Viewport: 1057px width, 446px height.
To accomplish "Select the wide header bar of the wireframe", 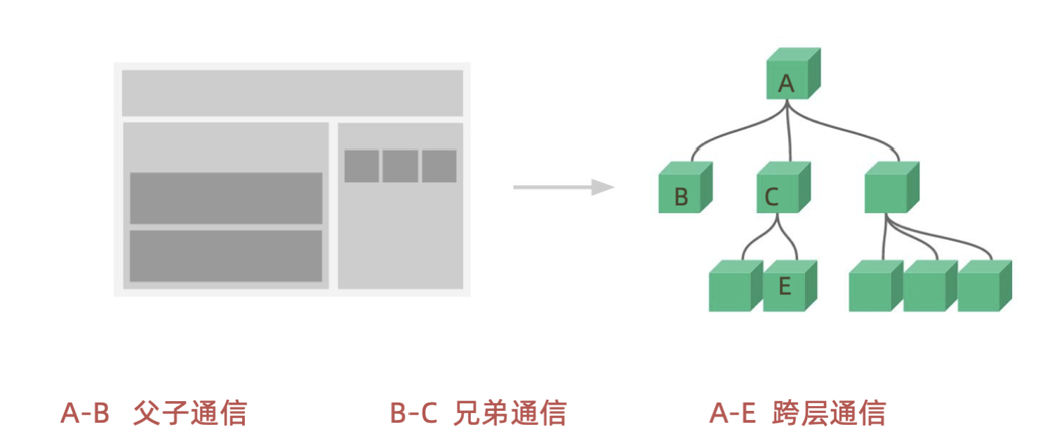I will pyautogui.click(x=292, y=93).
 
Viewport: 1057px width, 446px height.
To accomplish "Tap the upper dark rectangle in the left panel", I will pyautogui.click(x=226, y=198).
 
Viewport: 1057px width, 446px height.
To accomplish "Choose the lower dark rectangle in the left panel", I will pyautogui.click(x=226, y=256).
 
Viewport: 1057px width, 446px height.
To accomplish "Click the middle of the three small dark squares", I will pyautogui.click(x=400, y=166).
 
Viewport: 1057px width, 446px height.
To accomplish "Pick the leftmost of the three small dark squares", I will pyautogui.click(x=361, y=166).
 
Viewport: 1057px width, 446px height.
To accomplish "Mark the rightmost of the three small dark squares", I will pyautogui.click(x=439, y=166).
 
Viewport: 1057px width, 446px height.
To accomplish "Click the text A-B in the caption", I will pyautogui.click(x=86, y=414).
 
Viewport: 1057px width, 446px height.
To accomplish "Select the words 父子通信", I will pyautogui.click(x=190, y=414).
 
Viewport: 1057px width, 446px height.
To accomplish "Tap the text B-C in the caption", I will pyautogui.click(x=414, y=414).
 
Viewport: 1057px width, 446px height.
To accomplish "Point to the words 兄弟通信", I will pyautogui.click(x=510, y=414).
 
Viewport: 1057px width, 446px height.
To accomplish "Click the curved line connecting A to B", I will pyautogui.click(x=730, y=133).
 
